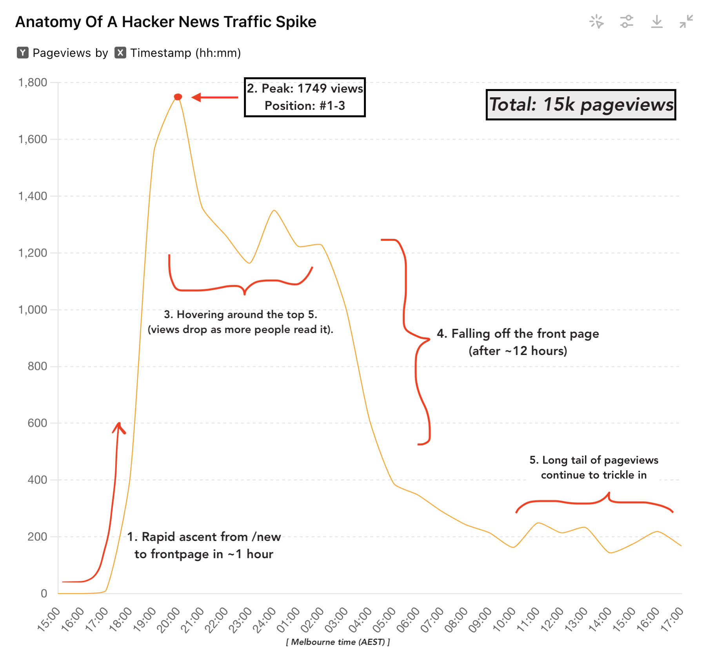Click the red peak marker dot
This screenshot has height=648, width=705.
coord(178,97)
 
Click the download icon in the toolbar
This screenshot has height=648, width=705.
coord(657,22)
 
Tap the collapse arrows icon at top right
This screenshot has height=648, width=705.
coord(687,22)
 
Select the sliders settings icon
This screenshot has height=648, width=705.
coord(627,22)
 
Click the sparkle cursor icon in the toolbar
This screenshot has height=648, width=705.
coord(596,22)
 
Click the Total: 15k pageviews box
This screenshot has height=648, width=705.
coord(581,105)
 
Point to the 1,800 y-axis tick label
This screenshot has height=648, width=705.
coord(33,82)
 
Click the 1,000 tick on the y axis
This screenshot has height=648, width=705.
coord(33,310)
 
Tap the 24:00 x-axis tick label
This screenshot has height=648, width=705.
coord(264,620)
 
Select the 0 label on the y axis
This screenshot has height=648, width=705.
coord(44,593)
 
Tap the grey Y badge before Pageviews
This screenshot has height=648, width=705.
coord(23,53)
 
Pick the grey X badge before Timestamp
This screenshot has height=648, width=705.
coord(120,53)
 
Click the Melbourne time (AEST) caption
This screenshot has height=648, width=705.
coord(338,642)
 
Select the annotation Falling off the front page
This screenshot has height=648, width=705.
coord(518,334)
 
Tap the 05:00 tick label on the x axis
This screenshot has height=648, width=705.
coord(384,620)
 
